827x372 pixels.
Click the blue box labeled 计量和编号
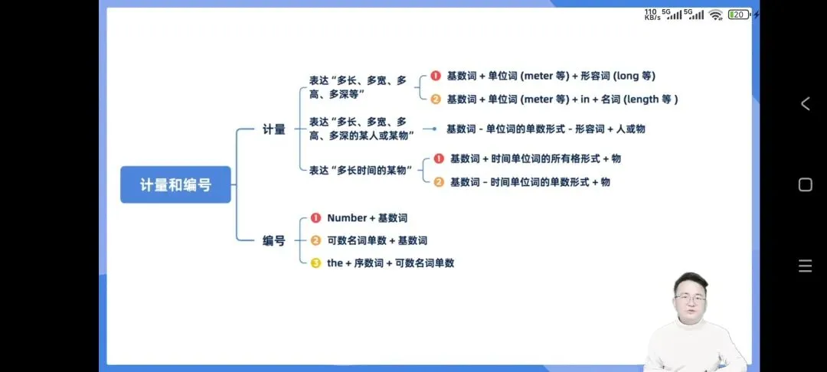175,184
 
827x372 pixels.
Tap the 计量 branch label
273,129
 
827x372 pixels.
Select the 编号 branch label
273,240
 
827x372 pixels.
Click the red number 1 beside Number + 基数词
315,218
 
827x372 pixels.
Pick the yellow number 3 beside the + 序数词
315,263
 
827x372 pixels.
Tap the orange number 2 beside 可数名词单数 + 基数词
315,240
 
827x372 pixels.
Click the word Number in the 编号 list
347,218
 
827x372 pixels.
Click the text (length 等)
651,99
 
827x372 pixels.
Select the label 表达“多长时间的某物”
361,170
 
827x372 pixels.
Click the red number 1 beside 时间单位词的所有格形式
439,158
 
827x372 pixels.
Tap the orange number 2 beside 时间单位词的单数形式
439,181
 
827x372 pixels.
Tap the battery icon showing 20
739,15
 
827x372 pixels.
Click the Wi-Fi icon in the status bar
715,15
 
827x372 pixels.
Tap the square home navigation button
805,184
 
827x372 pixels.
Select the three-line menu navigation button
805,266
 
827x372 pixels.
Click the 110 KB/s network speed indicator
652,15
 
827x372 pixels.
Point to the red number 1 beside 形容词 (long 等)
435,76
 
